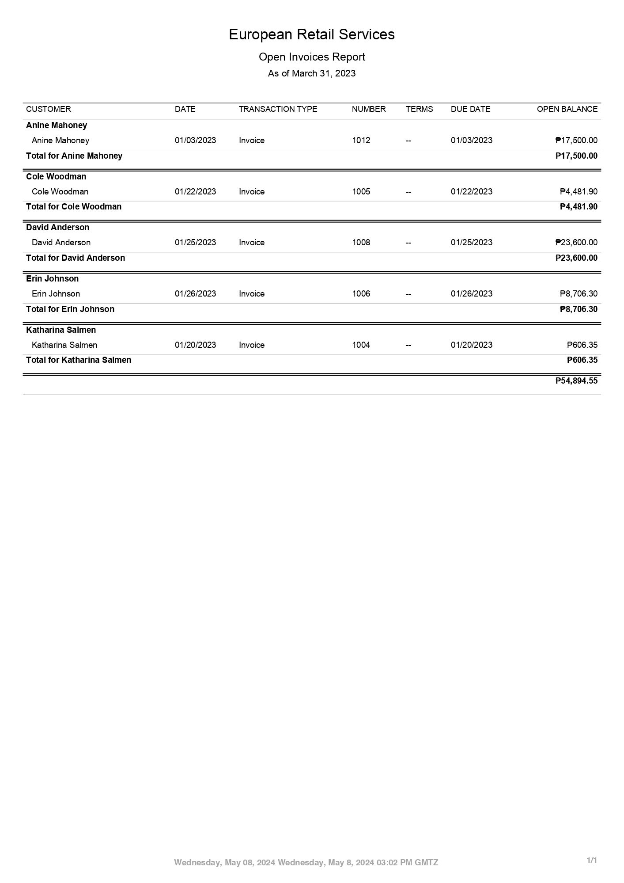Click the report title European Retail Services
[311, 34]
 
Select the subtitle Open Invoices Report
[311, 57]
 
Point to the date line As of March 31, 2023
[311, 73]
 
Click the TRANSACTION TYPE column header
[278, 109]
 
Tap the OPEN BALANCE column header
[567, 109]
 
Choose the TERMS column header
[419, 109]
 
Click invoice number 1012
[361, 141]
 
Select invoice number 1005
[361, 192]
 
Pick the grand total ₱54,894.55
[576, 381]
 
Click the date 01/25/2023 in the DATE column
[195, 243]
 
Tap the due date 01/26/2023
[471, 294]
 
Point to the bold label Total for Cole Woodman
[74, 207]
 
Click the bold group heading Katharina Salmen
[61, 330]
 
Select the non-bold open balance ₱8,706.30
[578, 294]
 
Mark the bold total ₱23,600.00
[576, 258]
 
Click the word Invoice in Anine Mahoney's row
[252, 141]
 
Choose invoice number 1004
[361, 345]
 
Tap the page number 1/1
[592, 860]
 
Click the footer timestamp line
[306, 862]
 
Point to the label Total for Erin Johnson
[70, 309]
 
